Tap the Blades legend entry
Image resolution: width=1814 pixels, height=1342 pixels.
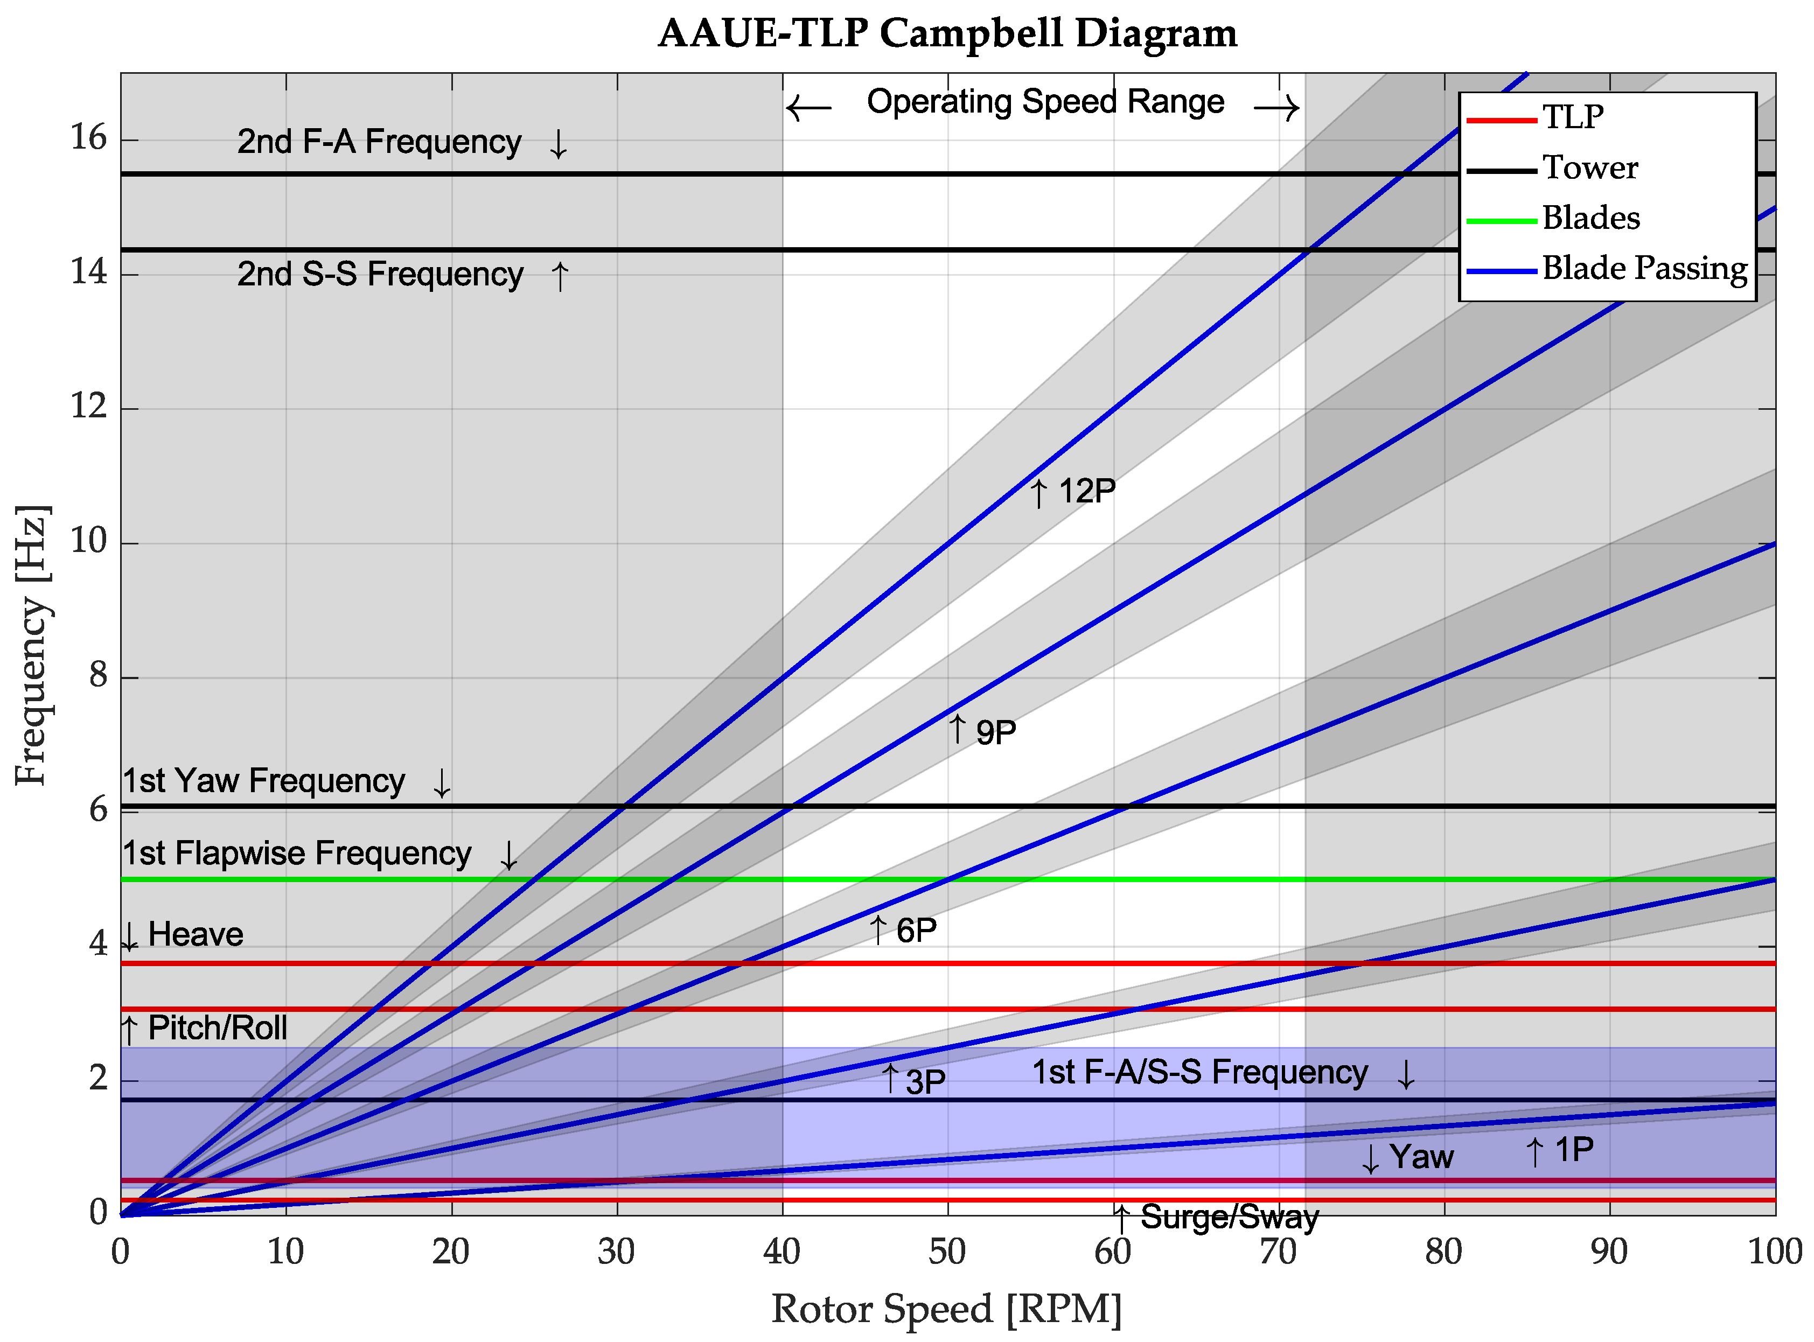click(x=1590, y=218)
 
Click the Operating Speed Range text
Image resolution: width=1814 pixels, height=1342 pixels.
click(x=1045, y=102)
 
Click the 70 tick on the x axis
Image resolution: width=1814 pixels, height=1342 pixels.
click(x=1278, y=1252)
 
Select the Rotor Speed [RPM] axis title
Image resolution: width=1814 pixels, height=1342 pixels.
click(x=946, y=1309)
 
